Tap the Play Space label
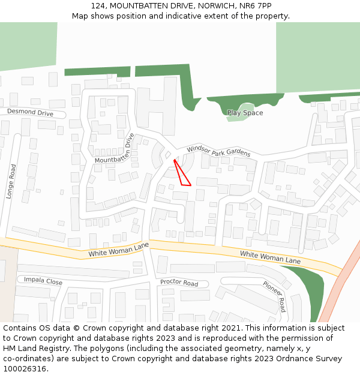coord(245,113)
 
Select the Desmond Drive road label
coord(30,112)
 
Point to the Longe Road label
coord(10,182)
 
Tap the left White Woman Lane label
coord(118,250)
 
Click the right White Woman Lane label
coord(270,257)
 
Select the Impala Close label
coord(43,280)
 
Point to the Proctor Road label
coord(179,283)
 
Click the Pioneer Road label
coord(274,296)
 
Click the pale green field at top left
coord(28,45)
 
